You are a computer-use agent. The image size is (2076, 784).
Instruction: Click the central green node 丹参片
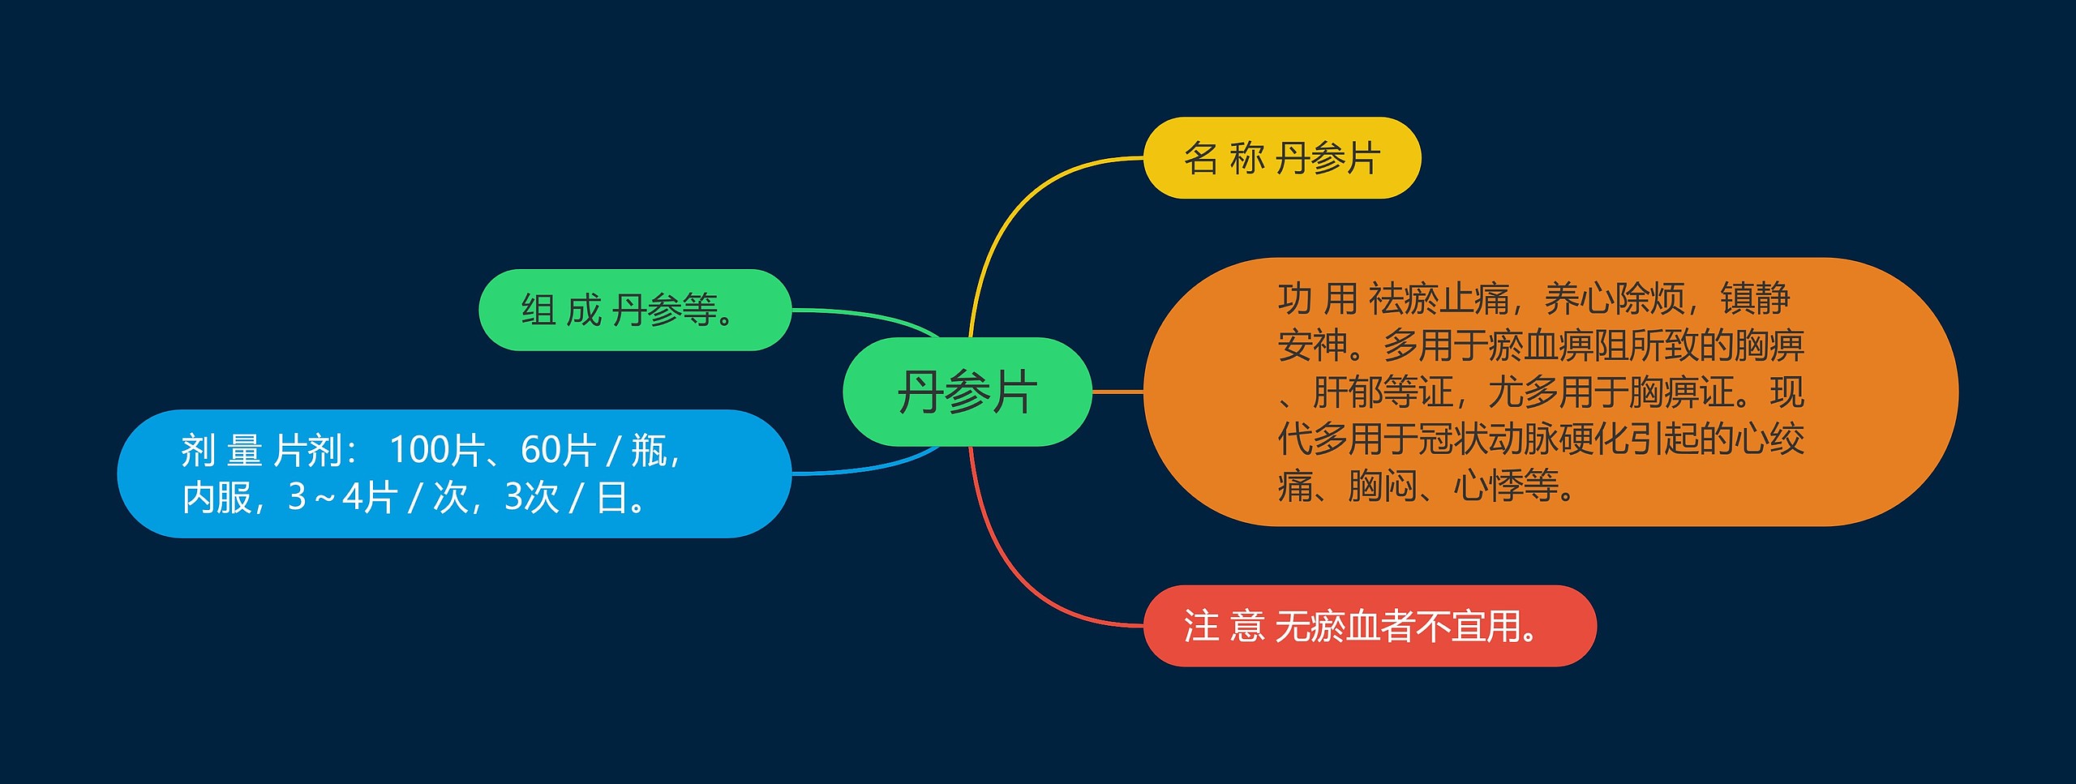coord(967,392)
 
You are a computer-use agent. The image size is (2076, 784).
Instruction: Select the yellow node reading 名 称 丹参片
coord(1281,158)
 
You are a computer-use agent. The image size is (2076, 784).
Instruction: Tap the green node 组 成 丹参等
coord(634,310)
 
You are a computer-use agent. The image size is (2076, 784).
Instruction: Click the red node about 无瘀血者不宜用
coord(1369,626)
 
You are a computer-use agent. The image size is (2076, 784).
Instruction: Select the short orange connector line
coord(1117,392)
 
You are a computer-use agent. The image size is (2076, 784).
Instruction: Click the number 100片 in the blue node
coord(436,450)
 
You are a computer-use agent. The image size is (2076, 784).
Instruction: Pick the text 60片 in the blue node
coord(558,450)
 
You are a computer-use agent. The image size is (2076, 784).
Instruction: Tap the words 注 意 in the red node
coord(1224,626)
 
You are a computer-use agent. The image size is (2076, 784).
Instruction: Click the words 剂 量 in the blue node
coord(221,450)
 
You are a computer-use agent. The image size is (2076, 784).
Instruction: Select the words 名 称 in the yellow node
coord(1224,158)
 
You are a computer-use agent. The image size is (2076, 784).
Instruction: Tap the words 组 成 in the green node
coord(560,310)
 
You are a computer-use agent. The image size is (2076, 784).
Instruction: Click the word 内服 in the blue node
coord(217,497)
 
